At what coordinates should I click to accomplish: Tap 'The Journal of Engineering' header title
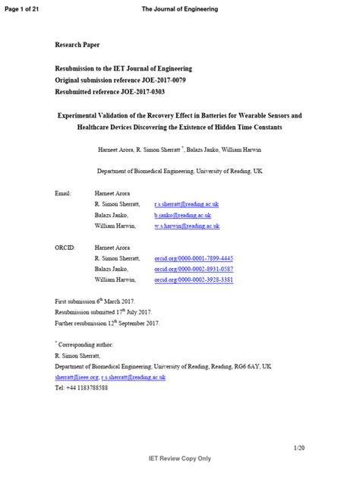point(179,8)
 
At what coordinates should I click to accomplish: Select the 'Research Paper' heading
point(77,46)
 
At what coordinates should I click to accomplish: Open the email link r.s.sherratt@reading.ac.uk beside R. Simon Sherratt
point(186,204)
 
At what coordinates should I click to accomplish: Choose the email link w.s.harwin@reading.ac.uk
point(186,226)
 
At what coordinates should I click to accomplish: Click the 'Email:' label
point(63,194)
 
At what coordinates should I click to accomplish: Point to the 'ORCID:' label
point(65,248)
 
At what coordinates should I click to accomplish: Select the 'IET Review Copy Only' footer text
point(179,459)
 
